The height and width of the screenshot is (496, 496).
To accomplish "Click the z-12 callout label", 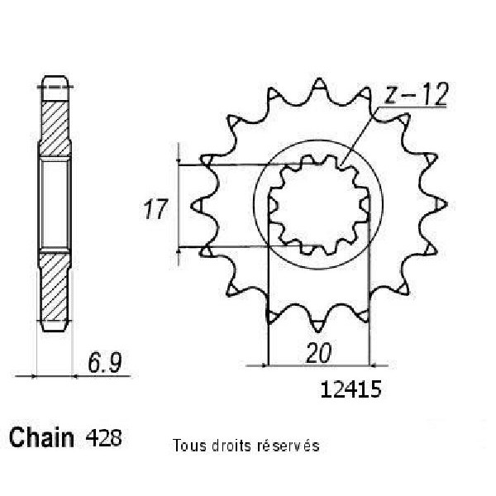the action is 416,94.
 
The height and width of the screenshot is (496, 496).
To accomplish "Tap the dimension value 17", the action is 155,209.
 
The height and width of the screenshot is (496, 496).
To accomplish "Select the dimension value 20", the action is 318,353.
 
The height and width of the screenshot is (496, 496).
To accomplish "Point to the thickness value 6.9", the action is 105,363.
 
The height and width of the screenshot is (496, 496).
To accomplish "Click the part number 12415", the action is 351,389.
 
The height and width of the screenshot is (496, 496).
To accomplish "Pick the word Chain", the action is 41,437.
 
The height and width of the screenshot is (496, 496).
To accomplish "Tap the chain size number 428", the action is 103,438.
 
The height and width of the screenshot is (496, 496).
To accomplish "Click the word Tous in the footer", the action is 189,446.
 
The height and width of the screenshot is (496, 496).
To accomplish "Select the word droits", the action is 231,446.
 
